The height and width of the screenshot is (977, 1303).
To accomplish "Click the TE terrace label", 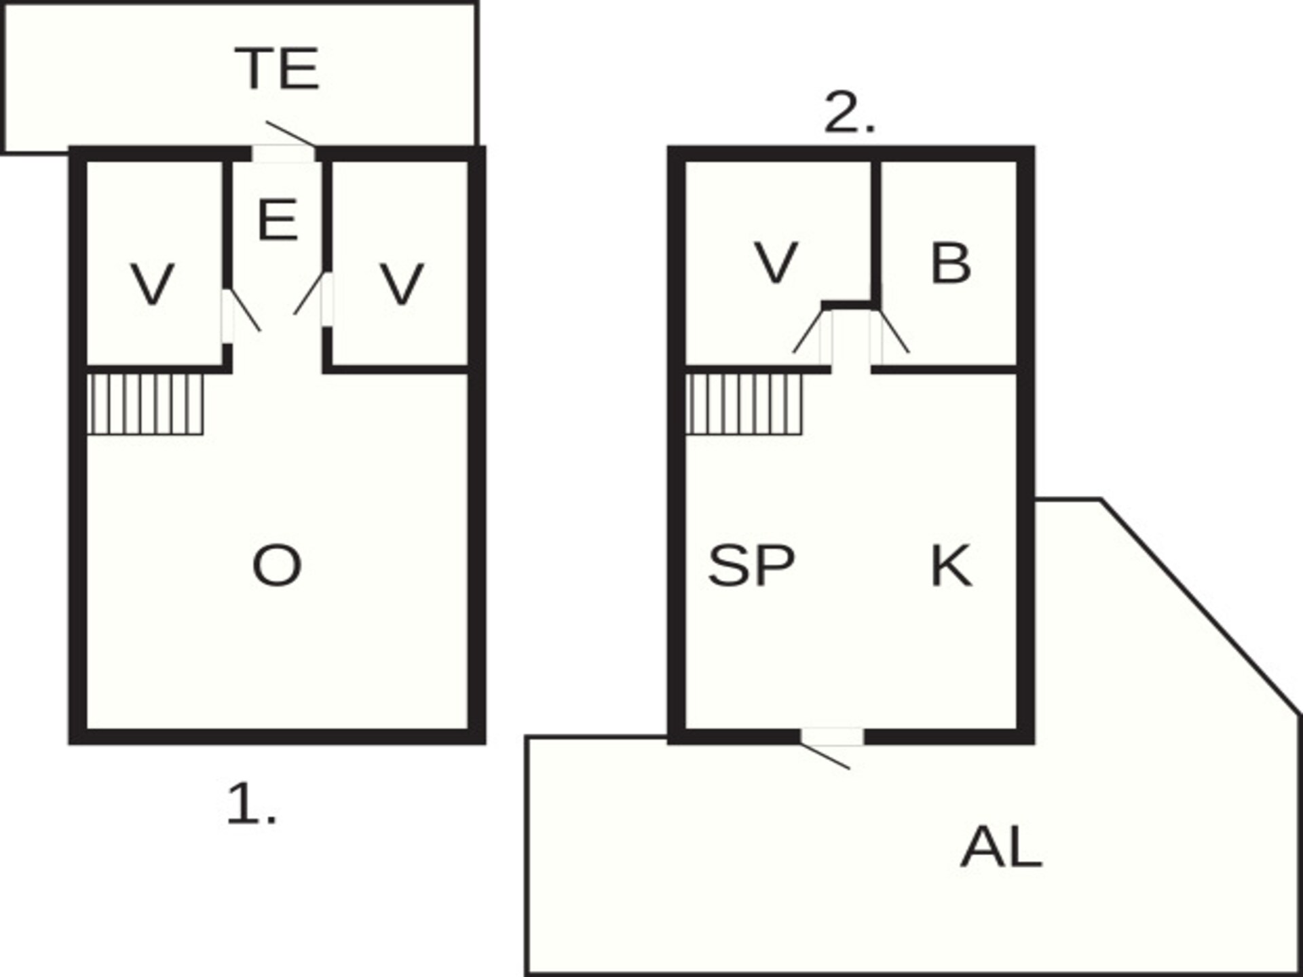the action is pos(277,69).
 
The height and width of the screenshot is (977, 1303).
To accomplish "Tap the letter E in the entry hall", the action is pos(278,220).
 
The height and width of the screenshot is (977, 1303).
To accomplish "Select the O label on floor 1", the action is pos(277,566).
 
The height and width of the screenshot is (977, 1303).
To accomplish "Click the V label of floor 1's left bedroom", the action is pos(152,285).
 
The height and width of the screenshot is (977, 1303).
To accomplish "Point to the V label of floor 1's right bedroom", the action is pos(402,285).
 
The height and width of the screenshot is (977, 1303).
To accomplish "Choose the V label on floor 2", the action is pos(776,263).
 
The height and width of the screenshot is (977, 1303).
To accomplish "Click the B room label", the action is pos(951,263).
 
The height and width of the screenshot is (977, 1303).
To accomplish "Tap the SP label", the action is pos(751,566).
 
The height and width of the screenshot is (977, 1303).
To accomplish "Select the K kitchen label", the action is pos(951,566).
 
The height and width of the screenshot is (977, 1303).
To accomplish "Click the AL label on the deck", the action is pos(1001,847).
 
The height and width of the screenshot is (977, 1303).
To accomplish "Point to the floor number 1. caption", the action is pos(251,803).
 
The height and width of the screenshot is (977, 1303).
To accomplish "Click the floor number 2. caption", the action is pos(850,112).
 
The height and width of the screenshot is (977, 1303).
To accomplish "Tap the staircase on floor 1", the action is pos(145,404).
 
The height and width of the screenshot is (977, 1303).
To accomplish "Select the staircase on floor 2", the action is pos(744,404).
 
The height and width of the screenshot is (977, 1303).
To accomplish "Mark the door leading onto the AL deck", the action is pos(831,747).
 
